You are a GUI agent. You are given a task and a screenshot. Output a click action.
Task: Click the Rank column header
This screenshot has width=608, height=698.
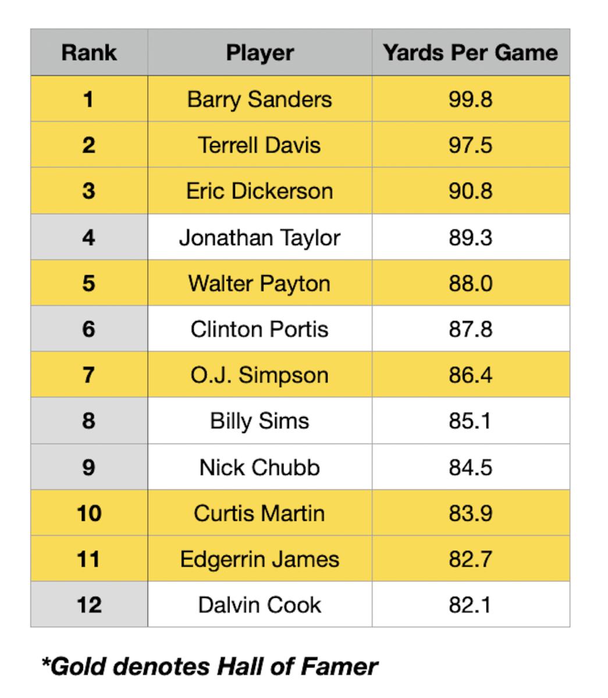click(x=88, y=52)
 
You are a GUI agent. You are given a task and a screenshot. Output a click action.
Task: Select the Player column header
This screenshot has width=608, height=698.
click(x=259, y=52)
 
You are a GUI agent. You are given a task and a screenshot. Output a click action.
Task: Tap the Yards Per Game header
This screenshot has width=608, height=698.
click(x=470, y=52)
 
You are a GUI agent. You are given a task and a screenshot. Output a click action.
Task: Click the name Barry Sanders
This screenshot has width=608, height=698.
click(x=259, y=99)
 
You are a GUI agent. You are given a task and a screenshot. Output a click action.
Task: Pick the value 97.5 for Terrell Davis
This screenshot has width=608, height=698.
click(x=470, y=145)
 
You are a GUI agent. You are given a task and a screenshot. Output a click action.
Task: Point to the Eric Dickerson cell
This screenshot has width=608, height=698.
click(x=259, y=191)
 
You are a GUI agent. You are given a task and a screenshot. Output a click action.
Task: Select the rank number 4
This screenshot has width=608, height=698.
click(x=88, y=237)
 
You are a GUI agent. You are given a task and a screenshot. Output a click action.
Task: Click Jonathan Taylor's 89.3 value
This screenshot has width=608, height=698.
click(x=470, y=237)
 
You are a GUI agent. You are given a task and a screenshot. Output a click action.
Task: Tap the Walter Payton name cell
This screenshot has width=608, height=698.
click(x=259, y=283)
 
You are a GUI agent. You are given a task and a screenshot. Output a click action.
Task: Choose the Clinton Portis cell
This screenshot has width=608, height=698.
click(x=259, y=329)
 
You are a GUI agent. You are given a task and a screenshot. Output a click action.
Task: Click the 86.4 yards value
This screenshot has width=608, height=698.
click(x=470, y=375)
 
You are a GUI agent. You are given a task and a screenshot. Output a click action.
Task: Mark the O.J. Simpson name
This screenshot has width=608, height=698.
click(x=259, y=375)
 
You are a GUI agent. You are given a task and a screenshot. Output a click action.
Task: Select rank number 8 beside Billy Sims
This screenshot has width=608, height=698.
click(x=88, y=421)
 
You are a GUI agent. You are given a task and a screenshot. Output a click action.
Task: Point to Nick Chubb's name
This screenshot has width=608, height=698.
click(x=259, y=467)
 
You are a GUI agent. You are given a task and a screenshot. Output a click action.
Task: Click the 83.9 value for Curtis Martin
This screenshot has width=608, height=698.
click(x=470, y=513)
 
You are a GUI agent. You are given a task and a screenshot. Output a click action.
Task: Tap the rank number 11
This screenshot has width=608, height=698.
click(x=88, y=559)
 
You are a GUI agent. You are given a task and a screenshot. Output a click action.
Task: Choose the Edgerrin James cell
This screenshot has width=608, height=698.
click(x=259, y=559)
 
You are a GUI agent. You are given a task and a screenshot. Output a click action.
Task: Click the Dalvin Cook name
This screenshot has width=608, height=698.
click(x=259, y=605)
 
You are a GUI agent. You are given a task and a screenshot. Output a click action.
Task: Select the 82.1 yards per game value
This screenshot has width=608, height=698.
click(x=470, y=605)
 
